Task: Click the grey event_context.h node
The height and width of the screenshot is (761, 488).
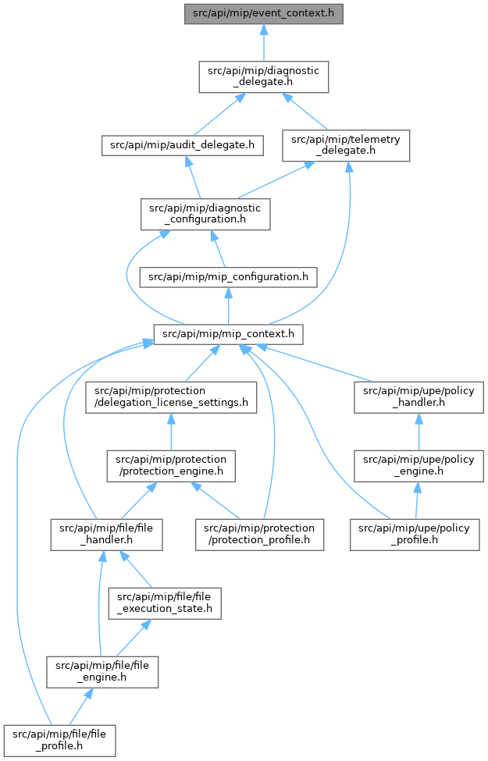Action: click(x=264, y=13)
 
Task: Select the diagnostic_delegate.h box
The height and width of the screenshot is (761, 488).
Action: click(x=264, y=76)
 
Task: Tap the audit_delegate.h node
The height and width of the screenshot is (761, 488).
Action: click(x=183, y=145)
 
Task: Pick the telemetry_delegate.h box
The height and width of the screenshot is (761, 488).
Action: click(x=346, y=145)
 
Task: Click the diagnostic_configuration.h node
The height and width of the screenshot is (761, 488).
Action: click(x=205, y=214)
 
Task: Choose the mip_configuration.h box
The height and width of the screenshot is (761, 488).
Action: click(x=228, y=277)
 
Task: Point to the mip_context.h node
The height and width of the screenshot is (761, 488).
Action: click(x=228, y=334)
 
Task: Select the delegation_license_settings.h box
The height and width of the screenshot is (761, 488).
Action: click(x=171, y=397)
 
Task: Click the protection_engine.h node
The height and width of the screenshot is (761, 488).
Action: click(x=171, y=466)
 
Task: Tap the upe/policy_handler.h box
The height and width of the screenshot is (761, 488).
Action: click(x=419, y=397)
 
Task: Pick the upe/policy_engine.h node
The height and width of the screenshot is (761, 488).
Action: click(x=419, y=466)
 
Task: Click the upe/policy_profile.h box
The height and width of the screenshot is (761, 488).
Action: click(x=415, y=535)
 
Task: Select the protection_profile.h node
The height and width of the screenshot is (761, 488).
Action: click(x=260, y=535)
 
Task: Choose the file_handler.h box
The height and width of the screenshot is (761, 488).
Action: click(x=106, y=535)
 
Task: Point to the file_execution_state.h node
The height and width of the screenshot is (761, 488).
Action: click(x=165, y=603)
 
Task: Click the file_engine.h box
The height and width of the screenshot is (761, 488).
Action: click(x=102, y=672)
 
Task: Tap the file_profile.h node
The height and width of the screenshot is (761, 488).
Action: click(x=59, y=741)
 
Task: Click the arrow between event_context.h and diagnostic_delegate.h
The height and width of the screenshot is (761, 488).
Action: click(x=264, y=43)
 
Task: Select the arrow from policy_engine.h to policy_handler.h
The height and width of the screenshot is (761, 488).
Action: click(x=419, y=432)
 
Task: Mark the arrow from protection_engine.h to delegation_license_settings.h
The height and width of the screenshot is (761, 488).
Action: click(x=171, y=432)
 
